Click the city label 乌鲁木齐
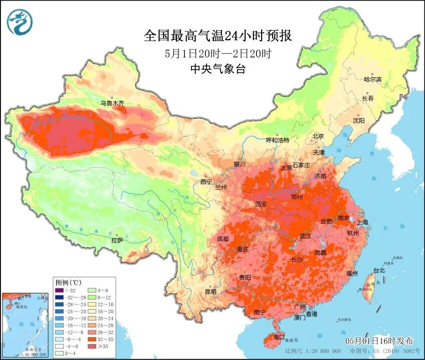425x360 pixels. click(112, 103)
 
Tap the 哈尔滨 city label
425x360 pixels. click(372, 79)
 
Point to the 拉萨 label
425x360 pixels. click(117, 241)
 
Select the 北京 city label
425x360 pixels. click(319, 136)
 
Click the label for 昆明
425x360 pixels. click(210, 291)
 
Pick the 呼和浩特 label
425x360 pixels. click(277, 140)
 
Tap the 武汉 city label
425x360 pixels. click(305, 236)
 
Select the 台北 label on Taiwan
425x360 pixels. click(379, 270)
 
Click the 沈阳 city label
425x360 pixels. click(359, 120)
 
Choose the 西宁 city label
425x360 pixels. click(206, 182)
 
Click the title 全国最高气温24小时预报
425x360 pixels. click(218, 36)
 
